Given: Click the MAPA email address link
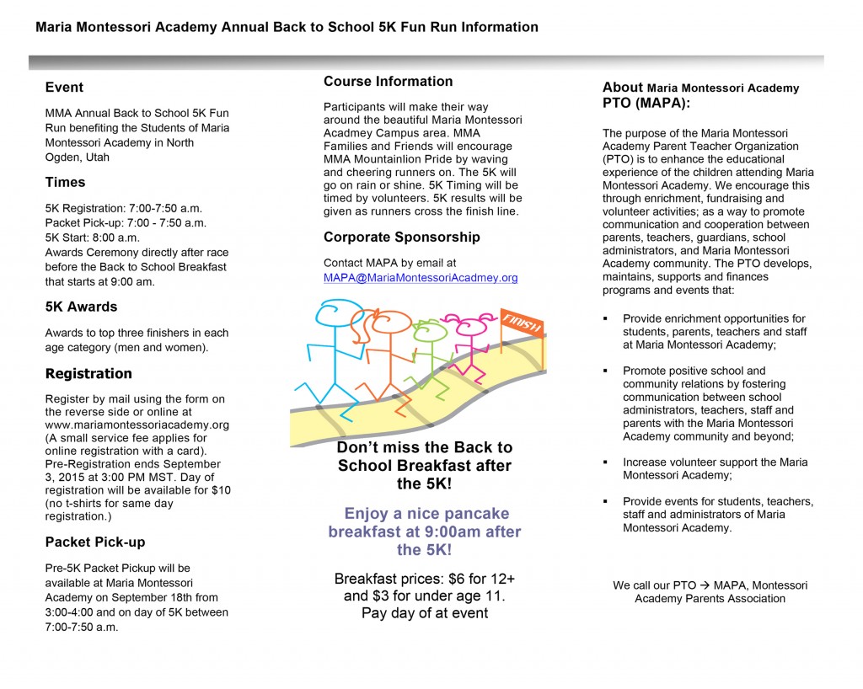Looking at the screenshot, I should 421,277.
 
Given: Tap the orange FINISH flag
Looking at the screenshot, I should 522,322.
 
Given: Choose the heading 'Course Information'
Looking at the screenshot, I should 388,82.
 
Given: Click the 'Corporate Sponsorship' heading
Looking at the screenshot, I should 401,238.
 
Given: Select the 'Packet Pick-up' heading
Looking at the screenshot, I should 94,542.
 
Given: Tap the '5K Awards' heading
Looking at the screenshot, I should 81,307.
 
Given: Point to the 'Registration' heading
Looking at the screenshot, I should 88,373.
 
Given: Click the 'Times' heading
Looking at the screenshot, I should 65,182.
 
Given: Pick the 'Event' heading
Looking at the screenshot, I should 64,87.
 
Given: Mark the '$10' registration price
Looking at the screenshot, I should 222,490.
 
